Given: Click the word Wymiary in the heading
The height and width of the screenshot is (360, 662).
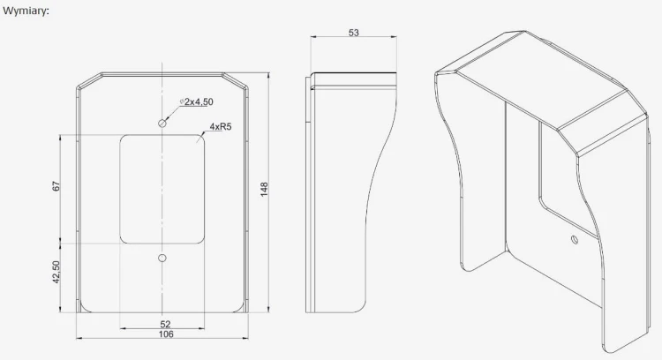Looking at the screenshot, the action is pyautogui.click(x=26, y=11).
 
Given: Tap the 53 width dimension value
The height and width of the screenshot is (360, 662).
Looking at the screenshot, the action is pyautogui.click(x=354, y=33).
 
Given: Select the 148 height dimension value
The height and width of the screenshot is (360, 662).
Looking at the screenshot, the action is pyautogui.click(x=264, y=189).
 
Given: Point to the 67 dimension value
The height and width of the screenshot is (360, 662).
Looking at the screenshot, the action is pyautogui.click(x=56, y=186).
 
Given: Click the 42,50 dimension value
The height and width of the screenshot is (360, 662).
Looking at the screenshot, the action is pyautogui.click(x=56, y=272).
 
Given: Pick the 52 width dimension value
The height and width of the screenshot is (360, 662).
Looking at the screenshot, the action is pyautogui.click(x=165, y=324).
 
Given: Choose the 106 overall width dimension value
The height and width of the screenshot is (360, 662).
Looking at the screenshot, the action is pyautogui.click(x=166, y=334).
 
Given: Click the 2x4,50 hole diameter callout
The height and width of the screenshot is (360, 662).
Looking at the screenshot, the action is pyautogui.click(x=197, y=101).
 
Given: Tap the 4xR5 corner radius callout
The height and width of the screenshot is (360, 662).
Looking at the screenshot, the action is pyautogui.click(x=221, y=126).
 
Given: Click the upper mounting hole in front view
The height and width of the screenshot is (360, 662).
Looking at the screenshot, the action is pyautogui.click(x=162, y=124).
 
